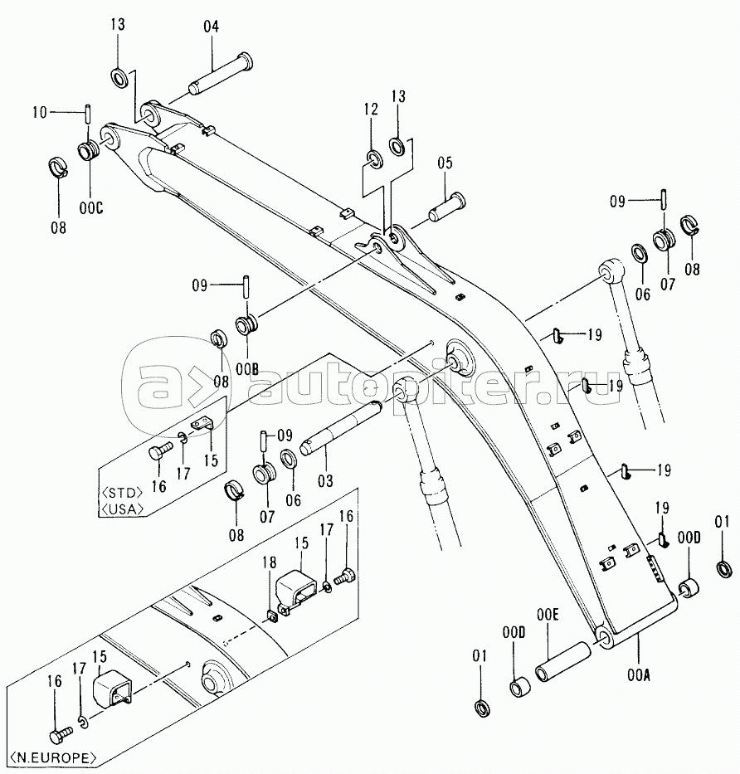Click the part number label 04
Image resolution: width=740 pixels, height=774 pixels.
coord(211,27)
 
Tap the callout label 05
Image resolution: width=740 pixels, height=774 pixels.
coord(445,163)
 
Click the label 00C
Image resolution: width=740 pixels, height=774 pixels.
coord(91,208)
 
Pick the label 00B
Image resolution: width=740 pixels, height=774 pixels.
coord(247,369)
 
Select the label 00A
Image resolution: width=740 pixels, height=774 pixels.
coord(639,675)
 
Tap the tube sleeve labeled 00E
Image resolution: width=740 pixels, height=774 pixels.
coord(562,661)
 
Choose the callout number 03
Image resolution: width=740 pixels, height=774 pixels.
coord(325,480)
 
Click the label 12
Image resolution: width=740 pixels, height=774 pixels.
coord(371,110)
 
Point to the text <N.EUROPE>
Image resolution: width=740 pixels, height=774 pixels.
coord(53,757)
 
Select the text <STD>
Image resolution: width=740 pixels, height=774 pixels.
coord(121,492)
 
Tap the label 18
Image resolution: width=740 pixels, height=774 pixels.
coord(269,562)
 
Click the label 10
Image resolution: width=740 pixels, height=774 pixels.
coord(40,113)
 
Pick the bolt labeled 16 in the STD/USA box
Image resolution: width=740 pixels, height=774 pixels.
coord(160,450)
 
